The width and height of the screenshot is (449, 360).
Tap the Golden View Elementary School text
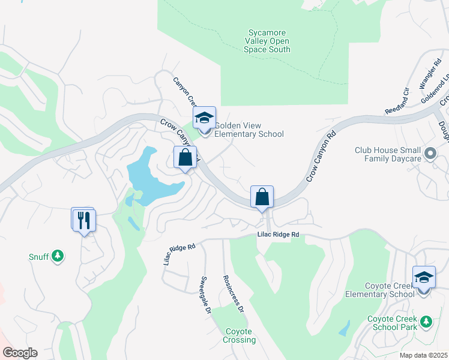click(x=249, y=130)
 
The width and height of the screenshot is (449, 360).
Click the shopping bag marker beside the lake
click(x=185, y=159)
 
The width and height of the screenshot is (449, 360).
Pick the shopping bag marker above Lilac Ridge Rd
click(x=262, y=197)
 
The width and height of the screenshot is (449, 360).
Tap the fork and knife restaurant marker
click(x=83, y=220)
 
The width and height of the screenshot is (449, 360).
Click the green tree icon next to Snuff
click(x=58, y=256)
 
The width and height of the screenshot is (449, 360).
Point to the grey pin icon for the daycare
click(x=430, y=154)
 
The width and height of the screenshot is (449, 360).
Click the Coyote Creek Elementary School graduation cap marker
click(x=424, y=278)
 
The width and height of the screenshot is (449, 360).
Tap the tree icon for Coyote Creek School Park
click(x=426, y=322)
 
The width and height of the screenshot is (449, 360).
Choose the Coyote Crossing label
click(x=240, y=335)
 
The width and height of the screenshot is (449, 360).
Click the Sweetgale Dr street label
click(x=206, y=295)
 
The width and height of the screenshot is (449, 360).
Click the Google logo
click(x=20, y=353)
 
